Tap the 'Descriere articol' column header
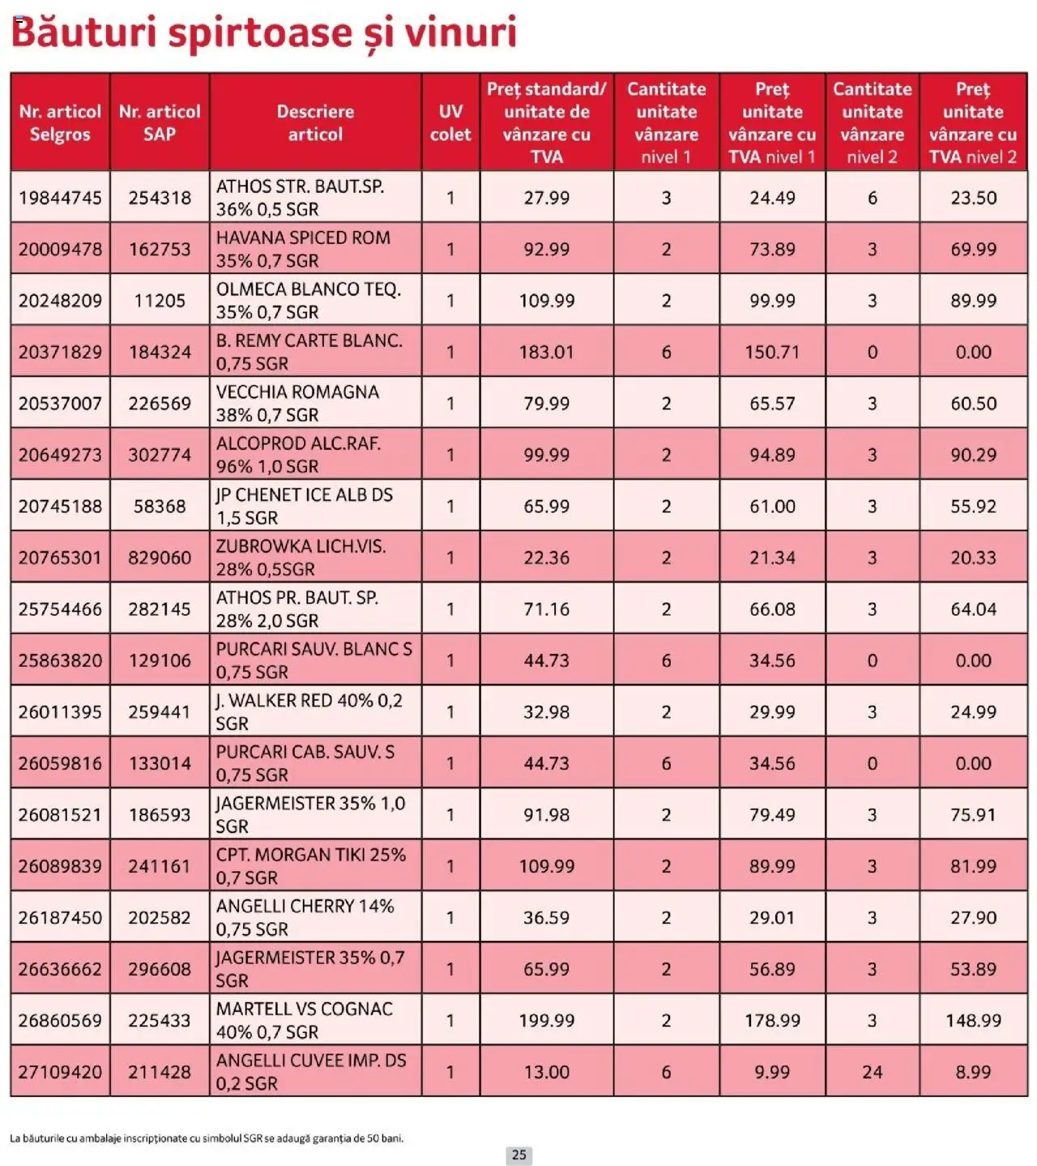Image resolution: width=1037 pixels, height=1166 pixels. [x=315, y=122]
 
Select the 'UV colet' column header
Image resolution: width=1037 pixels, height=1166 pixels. [x=450, y=122]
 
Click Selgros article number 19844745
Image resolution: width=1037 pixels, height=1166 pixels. [x=61, y=198]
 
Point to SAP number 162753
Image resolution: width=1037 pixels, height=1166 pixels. [x=160, y=250]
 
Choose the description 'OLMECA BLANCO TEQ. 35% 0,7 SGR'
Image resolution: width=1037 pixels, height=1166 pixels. [x=308, y=301]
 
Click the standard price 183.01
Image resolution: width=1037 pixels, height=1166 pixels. [x=546, y=352]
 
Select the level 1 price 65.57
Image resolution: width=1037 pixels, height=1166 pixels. [x=772, y=404]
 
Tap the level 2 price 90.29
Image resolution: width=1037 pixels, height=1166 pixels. [x=973, y=455]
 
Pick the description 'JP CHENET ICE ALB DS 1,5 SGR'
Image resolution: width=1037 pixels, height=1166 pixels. [x=304, y=506]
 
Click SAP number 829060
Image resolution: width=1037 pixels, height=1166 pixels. [x=160, y=558]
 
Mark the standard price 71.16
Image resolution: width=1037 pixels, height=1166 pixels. [x=546, y=609]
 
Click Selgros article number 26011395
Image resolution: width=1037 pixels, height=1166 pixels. [x=61, y=712]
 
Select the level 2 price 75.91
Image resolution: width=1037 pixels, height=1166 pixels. [x=973, y=815]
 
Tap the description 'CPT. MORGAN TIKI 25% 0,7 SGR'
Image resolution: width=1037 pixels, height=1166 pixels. [x=310, y=866]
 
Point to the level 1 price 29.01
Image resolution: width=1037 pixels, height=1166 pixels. [x=772, y=918]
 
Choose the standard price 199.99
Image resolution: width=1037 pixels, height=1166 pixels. [x=546, y=1021]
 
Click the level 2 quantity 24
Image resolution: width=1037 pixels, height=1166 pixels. [x=872, y=1072]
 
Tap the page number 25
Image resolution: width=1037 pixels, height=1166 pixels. [x=519, y=1155]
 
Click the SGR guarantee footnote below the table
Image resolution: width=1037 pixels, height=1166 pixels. [x=207, y=1138]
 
